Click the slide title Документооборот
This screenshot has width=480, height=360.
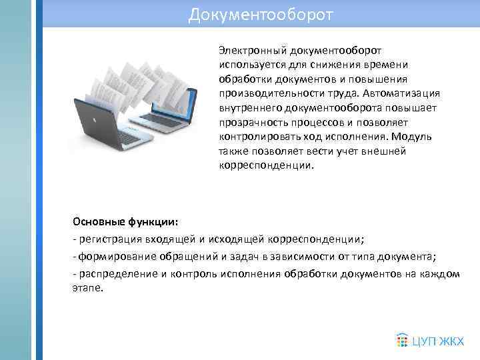pos(260,14)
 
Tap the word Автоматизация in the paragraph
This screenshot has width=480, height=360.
pos(407,93)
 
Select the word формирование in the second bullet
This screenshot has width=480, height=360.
pos(111,257)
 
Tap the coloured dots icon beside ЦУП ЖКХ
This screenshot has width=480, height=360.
pos(402,341)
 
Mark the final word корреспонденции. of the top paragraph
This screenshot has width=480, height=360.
pos(265,166)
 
